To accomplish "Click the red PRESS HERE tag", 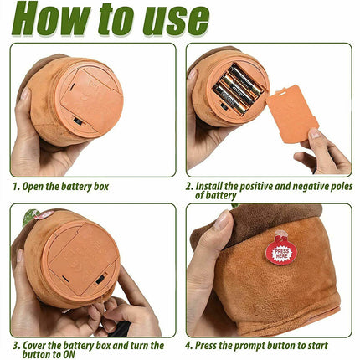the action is pos(281,249).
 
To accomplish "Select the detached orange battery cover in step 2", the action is pos(293,114).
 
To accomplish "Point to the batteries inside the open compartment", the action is pos(238,89).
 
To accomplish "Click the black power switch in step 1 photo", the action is pos(77,121).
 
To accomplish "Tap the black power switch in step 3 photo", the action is pos(100,280).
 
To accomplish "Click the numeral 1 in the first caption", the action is pos(15,187).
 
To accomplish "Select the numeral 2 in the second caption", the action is pos(188,186).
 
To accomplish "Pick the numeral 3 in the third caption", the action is pos(16,346).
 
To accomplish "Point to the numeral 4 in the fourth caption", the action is pos(188,346).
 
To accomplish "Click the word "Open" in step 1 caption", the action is pos(33,187).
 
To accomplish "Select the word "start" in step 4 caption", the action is pos(316,346).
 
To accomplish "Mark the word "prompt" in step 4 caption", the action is pos(250,346).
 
